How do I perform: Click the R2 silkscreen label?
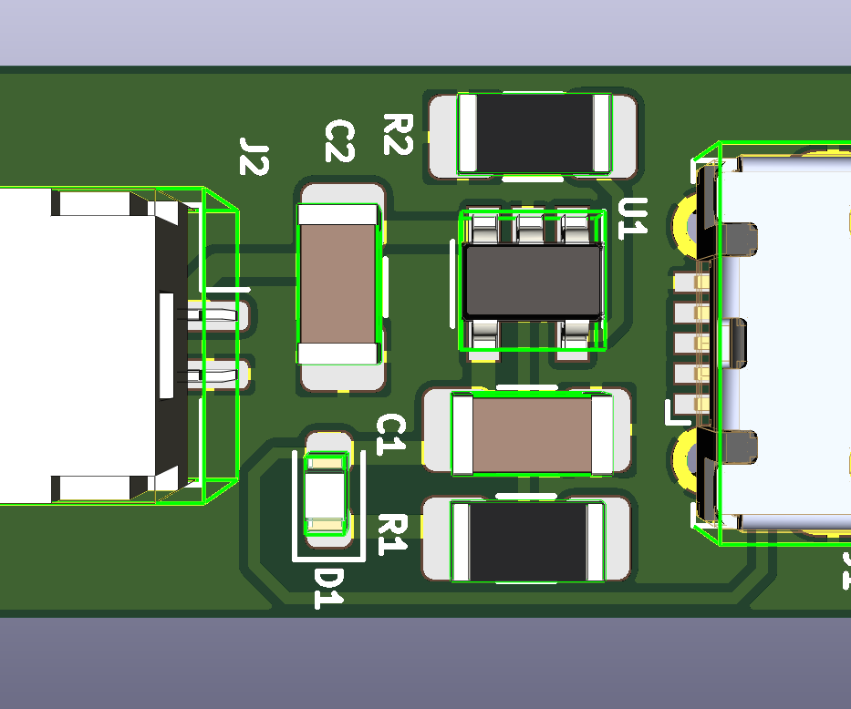click(x=399, y=135)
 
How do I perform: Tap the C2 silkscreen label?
click(x=339, y=142)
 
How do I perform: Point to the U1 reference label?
click(x=632, y=217)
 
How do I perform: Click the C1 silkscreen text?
click(x=391, y=433)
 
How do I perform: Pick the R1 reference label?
click(x=392, y=532)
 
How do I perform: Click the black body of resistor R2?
click(x=534, y=133)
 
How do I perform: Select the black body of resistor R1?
click(x=529, y=541)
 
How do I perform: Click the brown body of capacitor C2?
click(x=337, y=283)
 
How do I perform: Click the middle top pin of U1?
click(x=530, y=228)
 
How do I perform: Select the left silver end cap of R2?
click(x=467, y=133)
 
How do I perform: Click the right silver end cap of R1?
click(x=596, y=541)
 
